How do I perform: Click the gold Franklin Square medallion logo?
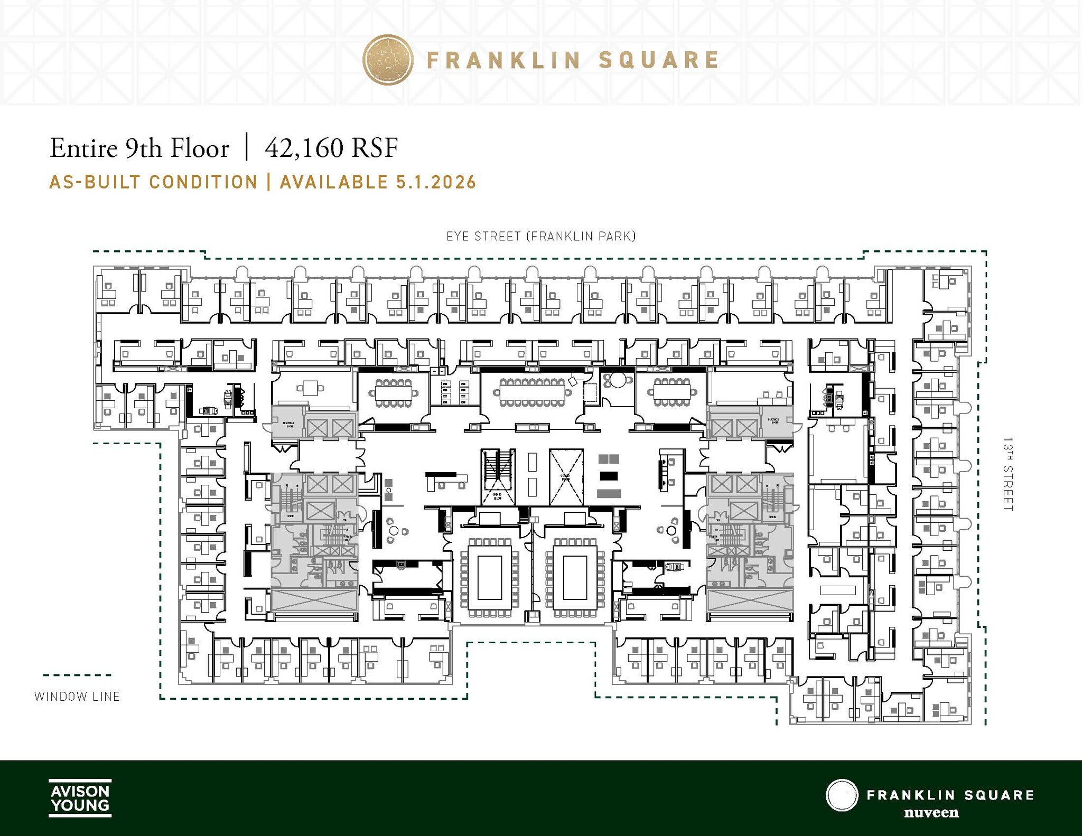[x=387, y=60]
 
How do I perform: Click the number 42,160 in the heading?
[x=304, y=148]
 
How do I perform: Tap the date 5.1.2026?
[x=436, y=182]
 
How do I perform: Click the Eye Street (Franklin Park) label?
[x=541, y=236]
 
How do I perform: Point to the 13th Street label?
[x=1008, y=474]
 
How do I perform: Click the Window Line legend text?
[x=77, y=697]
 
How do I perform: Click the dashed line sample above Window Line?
[x=77, y=675]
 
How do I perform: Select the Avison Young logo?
[x=80, y=797]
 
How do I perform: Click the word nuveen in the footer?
[x=931, y=812]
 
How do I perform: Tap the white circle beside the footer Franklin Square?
[x=842, y=795]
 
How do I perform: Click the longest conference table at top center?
[x=532, y=392]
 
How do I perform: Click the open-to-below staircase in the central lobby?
[x=497, y=477]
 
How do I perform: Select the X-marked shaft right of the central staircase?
[x=566, y=477]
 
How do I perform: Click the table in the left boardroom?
[x=489, y=578]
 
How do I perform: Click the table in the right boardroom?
[x=575, y=578]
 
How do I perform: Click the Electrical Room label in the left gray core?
[x=289, y=424]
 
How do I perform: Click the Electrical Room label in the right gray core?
[x=774, y=421]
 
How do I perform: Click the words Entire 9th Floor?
[x=139, y=148]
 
